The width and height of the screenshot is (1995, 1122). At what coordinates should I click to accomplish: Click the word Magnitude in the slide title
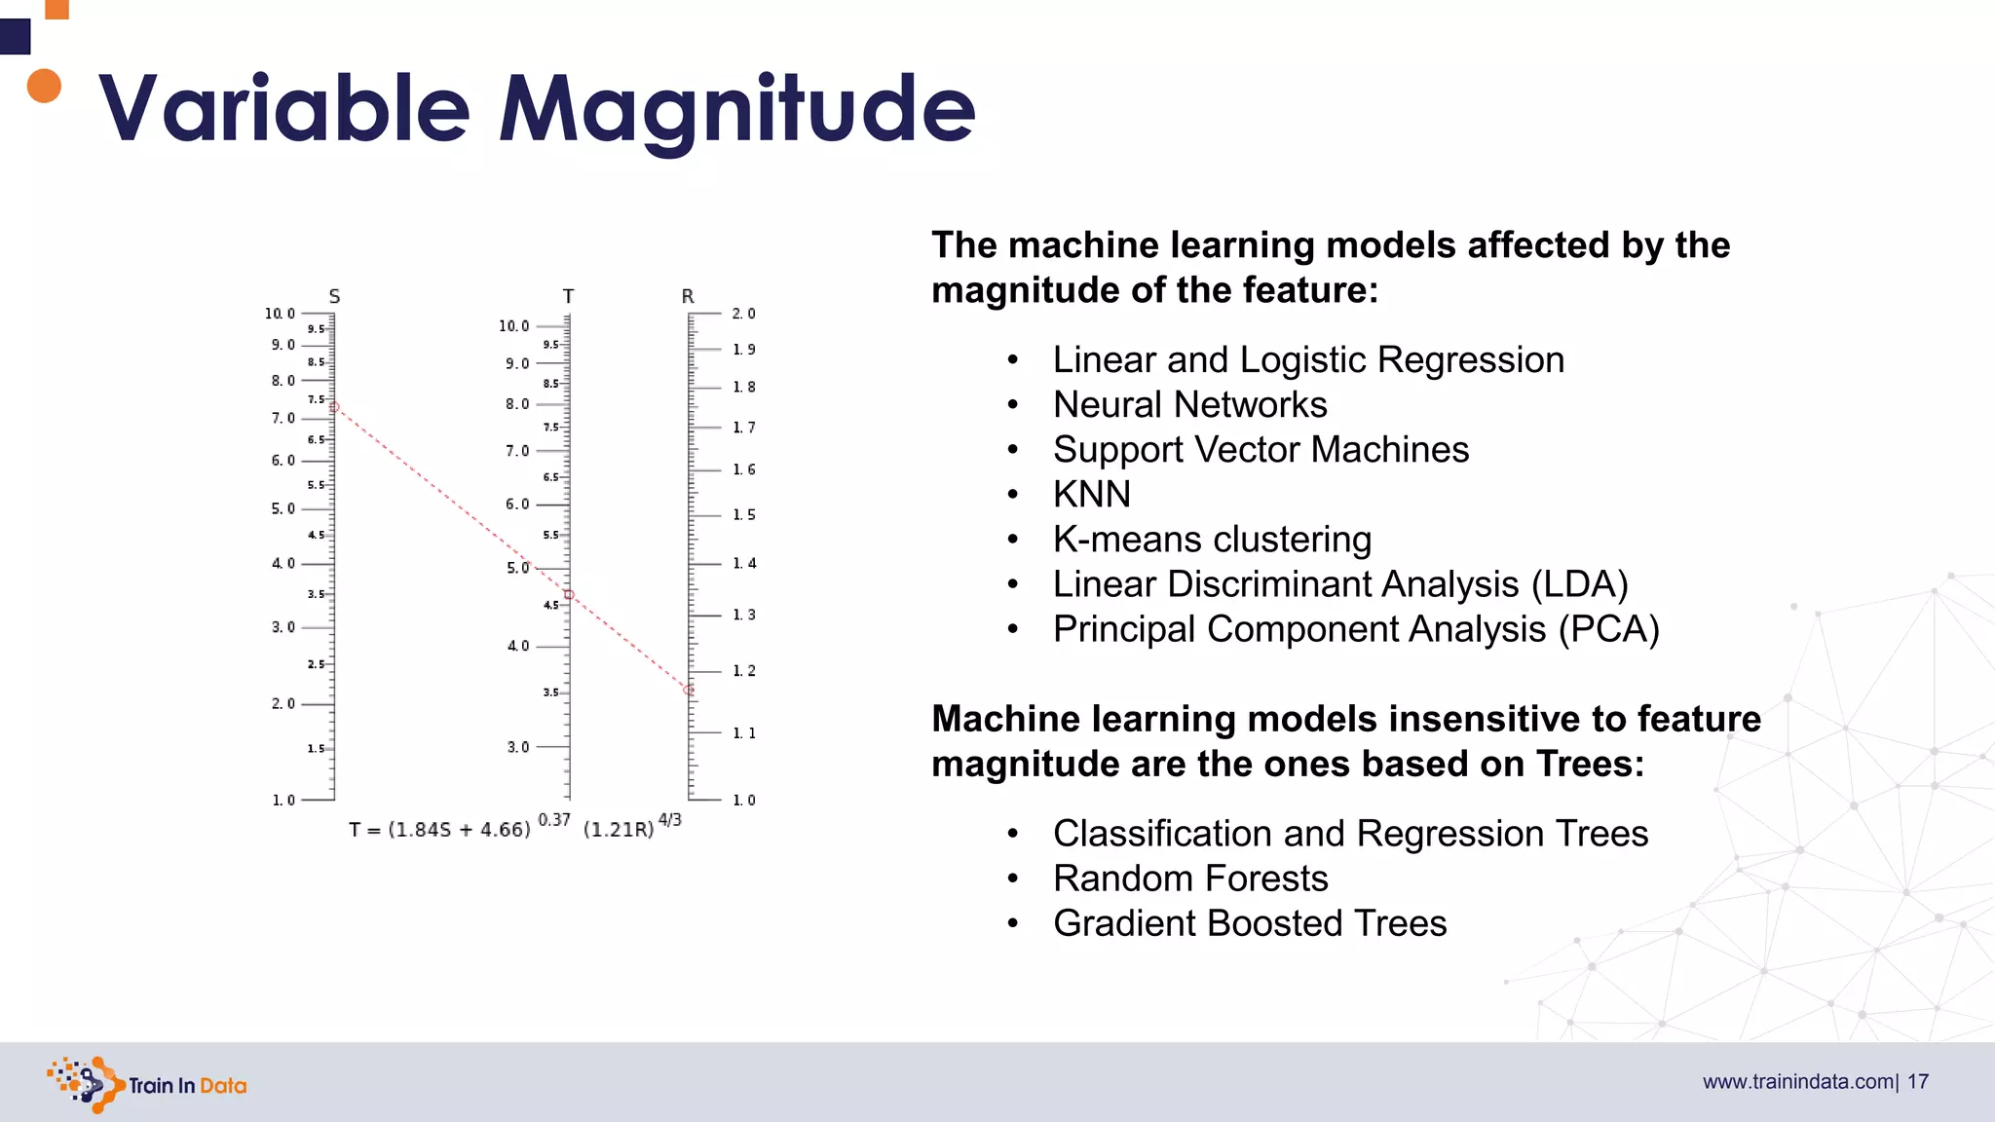click(736, 109)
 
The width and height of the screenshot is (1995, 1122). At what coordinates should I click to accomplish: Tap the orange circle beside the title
click(44, 86)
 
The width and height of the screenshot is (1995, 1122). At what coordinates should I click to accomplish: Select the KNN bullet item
click(1091, 495)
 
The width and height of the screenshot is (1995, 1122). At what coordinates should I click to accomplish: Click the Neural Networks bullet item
click(1189, 405)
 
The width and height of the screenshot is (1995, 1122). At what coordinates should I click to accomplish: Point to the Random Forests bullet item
click(1190, 879)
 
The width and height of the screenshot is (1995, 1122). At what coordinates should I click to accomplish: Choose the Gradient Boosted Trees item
click(1250, 923)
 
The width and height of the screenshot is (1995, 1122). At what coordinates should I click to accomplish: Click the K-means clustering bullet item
click(1212, 540)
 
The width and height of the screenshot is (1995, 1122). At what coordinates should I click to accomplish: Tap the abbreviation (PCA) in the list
click(1608, 629)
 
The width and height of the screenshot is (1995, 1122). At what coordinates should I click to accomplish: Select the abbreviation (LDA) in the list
click(1579, 584)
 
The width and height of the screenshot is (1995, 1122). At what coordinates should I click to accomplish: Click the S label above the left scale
click(334, 296)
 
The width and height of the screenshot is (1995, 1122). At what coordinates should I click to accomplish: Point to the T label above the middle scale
click(568, 296)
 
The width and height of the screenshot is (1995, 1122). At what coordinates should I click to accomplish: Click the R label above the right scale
click(688, 296)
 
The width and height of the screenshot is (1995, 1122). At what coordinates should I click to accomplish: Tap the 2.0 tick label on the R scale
click(743, 314)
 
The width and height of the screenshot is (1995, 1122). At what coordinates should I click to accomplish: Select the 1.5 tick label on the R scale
click(743, 514)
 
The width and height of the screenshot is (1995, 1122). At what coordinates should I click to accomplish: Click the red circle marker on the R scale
click(689, 690)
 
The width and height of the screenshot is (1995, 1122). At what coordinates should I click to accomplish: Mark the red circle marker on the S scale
click(334, 407)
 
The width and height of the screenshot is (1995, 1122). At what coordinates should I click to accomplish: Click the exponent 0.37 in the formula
click(554, 820)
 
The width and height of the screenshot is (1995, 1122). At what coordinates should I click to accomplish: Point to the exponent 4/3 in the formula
click(670, 820)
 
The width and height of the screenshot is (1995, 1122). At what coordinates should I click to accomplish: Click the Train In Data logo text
click(187, 1086)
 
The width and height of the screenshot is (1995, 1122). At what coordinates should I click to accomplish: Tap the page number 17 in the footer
click(1918, 1082)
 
